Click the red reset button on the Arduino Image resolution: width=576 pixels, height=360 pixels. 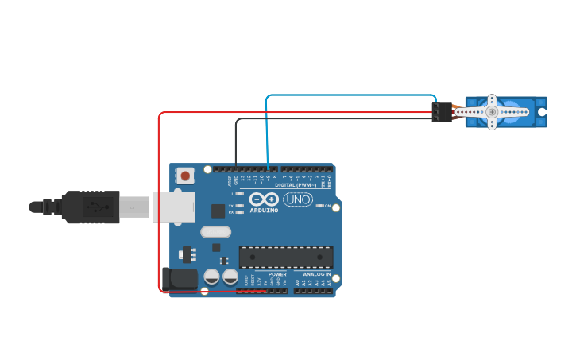[185, 176]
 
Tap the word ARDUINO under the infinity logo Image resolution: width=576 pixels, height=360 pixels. [265, 211]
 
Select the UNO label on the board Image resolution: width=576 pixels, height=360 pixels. [298, 199]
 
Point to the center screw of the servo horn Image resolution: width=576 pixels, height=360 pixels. [492, 112]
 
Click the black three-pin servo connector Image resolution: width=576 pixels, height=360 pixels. [442, 112]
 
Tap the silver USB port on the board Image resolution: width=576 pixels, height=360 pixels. [174, 207]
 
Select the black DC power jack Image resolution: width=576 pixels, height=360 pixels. [180, 277]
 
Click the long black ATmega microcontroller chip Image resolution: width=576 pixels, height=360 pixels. [286, 257]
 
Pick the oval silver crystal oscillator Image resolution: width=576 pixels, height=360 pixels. [215, 232]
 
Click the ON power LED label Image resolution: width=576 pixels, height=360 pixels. [327, 206]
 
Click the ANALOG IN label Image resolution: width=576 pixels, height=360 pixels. [316, 274]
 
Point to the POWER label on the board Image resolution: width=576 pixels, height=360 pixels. [277, 274]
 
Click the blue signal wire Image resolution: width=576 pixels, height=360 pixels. [350, 95]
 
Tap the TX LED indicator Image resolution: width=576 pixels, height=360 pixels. [239, 205]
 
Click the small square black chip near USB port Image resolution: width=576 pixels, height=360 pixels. [218, 211]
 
